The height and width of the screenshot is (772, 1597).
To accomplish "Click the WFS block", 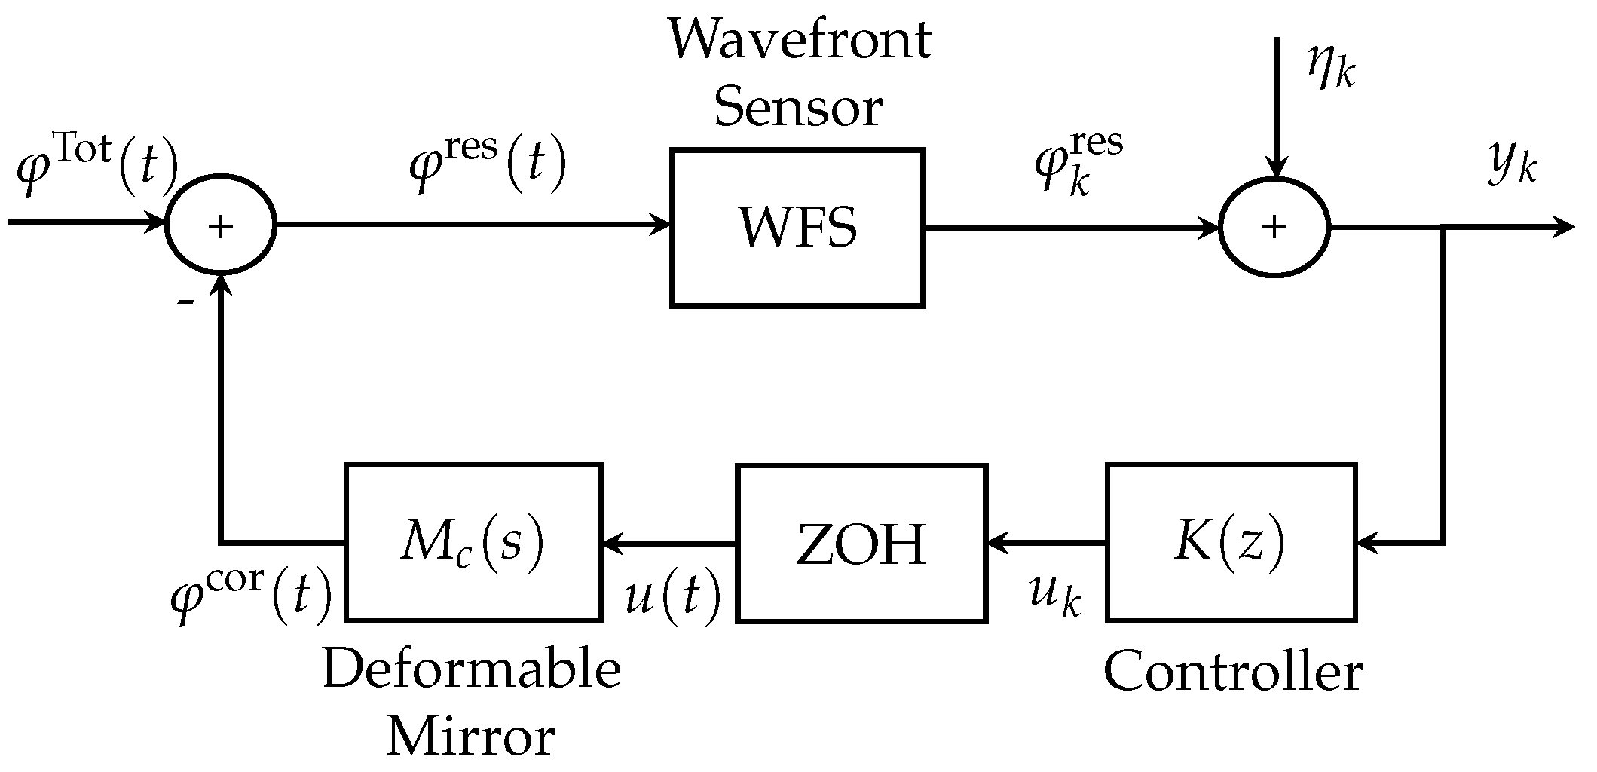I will pyautogui.click(x=797, y=228).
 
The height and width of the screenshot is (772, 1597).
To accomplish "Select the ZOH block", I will pyautogui.click(x=861, y=543).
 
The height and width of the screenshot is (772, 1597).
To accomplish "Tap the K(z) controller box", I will pyautogui.click(x=1231, y=543).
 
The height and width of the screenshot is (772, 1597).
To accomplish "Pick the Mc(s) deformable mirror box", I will pyautogui.click(x=473, y=543).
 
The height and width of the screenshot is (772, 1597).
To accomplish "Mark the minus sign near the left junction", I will pyautogui.click(x=185, y=302).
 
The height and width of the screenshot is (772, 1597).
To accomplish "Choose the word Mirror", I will pyautogui.click(x=471, y=737).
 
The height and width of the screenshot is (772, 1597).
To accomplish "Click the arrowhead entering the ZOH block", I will pyautogui.click(x=997, y=542).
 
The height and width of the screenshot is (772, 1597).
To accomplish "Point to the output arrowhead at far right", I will pyautogui.click(x=1564, y=227).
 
